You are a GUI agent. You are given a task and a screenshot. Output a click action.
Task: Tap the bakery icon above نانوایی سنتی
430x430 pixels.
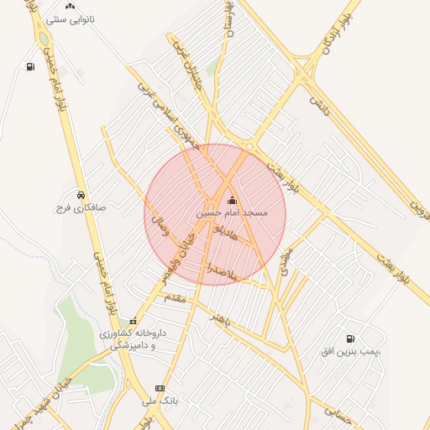(x=70, y=6)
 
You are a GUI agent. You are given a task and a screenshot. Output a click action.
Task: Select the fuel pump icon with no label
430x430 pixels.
(x=30, y=66)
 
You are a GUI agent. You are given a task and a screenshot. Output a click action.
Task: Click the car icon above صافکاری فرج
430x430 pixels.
(x=81, y=193)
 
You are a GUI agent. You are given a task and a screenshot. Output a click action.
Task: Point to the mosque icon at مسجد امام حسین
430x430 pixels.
(x=233, y=201)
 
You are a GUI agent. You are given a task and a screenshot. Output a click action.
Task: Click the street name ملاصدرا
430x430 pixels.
(x=223, y=270)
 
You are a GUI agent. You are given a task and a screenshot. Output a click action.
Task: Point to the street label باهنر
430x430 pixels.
(x=223, y=321)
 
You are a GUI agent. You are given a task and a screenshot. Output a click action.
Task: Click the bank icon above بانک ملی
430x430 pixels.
(x=160, y=388)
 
